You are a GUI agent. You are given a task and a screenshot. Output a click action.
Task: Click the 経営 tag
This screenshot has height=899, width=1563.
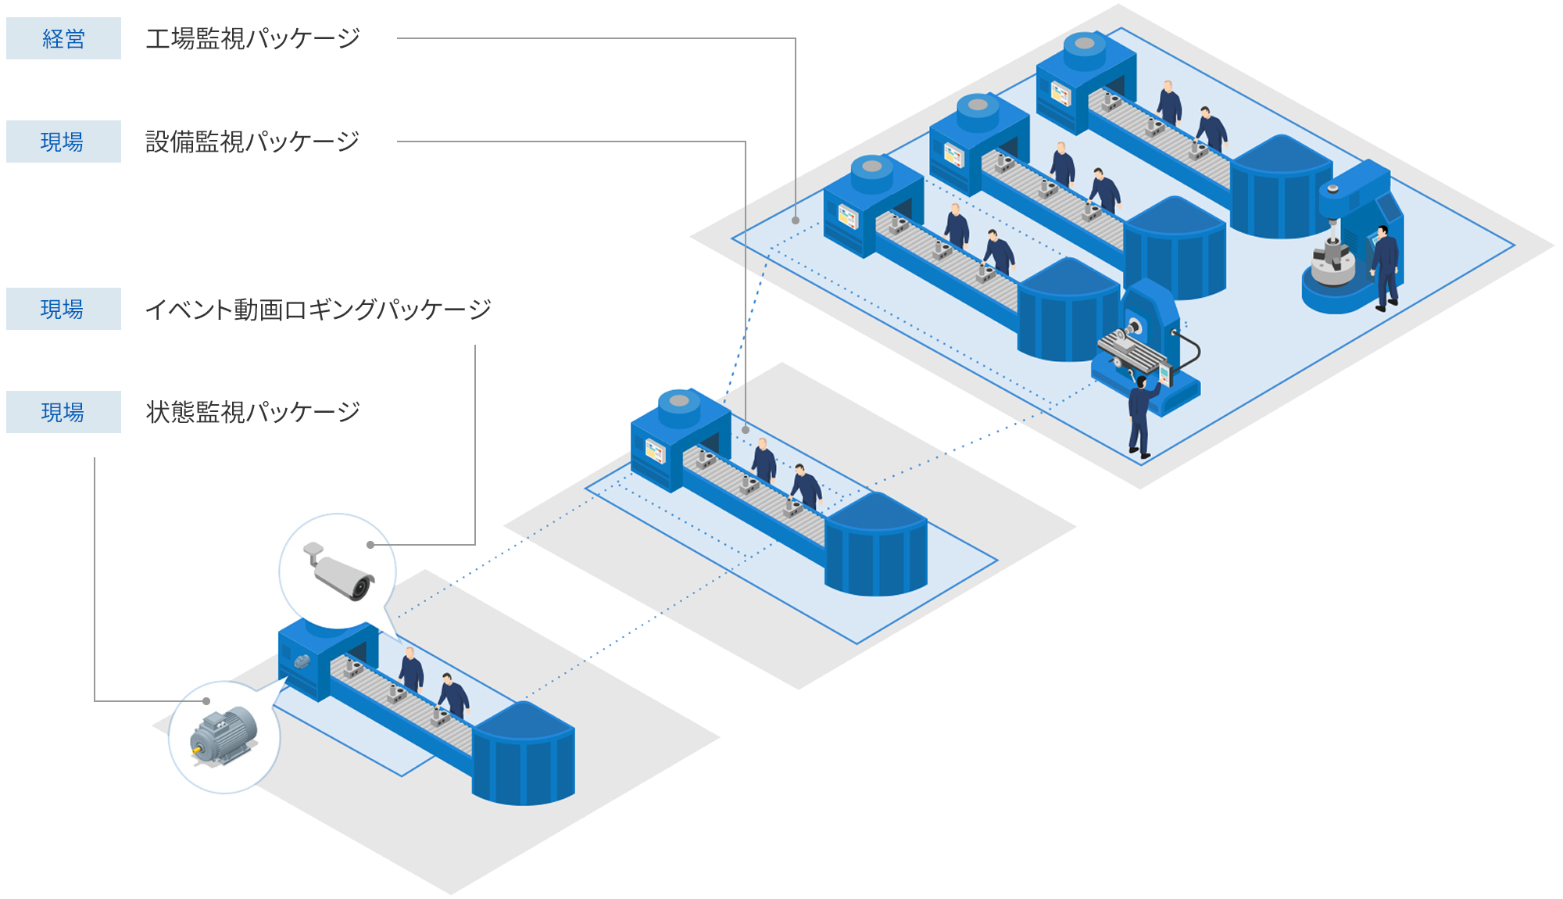(x=63, y=38)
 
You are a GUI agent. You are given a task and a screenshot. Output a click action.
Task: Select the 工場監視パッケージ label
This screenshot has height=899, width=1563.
(x=252, y=38)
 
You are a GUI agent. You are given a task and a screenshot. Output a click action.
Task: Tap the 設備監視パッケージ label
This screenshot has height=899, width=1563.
(x=252, y=141)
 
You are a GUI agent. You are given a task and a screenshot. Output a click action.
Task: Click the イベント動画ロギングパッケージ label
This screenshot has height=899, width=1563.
(x=318, y=310)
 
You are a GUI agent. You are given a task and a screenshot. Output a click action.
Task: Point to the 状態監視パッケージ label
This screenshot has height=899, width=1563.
(x=252, y=412)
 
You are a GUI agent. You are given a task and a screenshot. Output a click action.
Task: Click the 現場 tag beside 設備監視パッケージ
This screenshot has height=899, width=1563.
(x=63, y=141)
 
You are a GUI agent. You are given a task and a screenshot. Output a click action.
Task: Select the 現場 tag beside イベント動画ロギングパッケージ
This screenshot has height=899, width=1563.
(x=63, y=309)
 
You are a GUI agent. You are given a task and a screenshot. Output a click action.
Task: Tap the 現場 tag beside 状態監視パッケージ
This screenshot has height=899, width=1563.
(x=63, y=412)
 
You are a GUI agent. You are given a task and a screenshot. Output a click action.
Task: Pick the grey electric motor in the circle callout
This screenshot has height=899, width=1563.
(x=224, y=735)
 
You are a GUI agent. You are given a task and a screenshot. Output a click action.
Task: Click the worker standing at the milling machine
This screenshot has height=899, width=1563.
(x=1141, y=414)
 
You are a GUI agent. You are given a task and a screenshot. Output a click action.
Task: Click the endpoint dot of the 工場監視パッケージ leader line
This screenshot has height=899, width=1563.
(x=796, y=220)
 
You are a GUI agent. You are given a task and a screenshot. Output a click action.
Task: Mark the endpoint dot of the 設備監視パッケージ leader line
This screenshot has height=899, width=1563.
(x=746, y=430)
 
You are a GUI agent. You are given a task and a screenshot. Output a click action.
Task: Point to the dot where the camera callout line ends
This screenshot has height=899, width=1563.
(x=370, y=545)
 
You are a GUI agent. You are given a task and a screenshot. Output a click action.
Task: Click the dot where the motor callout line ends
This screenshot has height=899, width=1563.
(x=206, y=701)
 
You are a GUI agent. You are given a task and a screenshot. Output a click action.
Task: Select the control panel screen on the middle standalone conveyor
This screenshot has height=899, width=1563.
(x=655, y=451)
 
